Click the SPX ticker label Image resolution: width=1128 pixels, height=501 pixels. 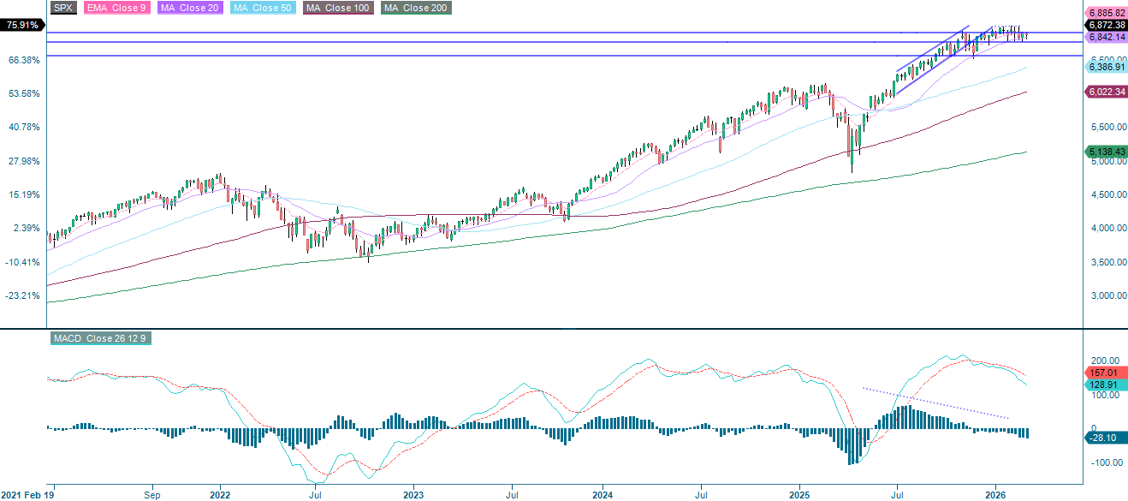coord(63,8)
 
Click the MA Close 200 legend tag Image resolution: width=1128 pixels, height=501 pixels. coord(415,8)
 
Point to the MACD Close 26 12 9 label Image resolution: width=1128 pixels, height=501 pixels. coord(99,338)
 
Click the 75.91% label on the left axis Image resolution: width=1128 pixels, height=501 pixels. coord(23,26)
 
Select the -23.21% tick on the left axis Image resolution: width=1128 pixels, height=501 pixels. coord(24,295)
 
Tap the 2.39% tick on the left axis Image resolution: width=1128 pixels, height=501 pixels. coord(27,228)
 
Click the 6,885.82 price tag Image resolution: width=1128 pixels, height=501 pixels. coord(1105,14)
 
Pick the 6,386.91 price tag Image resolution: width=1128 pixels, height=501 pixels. coord(1105,67)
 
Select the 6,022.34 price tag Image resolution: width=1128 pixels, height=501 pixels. coord(1105,92)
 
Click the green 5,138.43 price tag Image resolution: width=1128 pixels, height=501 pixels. coord(1105,152)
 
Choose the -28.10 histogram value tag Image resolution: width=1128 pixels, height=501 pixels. coord(1105,438)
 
